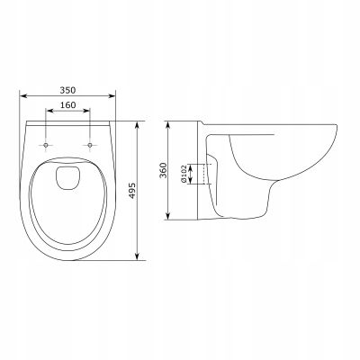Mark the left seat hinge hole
tap(45, 143)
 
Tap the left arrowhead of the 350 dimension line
tap(22, 97)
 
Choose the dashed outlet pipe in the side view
tap(209, 171)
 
